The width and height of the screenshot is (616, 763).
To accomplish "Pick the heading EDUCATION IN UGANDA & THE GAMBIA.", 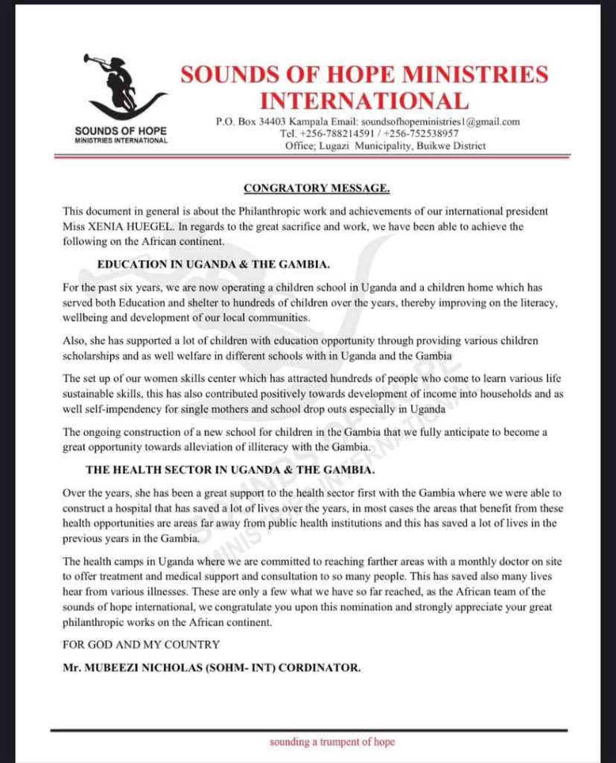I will pos(220,265).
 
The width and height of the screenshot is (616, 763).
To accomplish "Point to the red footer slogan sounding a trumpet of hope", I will pos(332,742).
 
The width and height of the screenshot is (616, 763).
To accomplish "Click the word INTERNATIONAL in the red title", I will pos(364,100).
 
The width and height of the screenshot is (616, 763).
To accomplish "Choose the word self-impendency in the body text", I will pos(131,410).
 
